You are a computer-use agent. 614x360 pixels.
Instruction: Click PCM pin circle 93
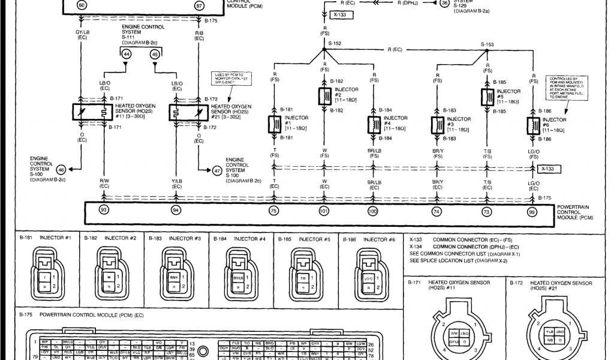tap(104, 211)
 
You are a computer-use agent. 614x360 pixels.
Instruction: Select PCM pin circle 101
tap(324, 211)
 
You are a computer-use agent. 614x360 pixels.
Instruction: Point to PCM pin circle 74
tap(437, 211)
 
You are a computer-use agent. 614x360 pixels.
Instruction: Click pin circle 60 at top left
tap(82, 4)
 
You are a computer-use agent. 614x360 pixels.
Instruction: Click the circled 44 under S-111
tap(127, 54)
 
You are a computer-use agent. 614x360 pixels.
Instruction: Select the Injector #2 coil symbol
tap(324, 96)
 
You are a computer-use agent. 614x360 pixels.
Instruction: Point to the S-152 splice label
tap(335, 44)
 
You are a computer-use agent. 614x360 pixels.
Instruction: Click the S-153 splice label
tap(487, 44)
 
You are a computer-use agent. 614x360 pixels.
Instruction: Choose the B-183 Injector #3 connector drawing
tap(176, 273)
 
